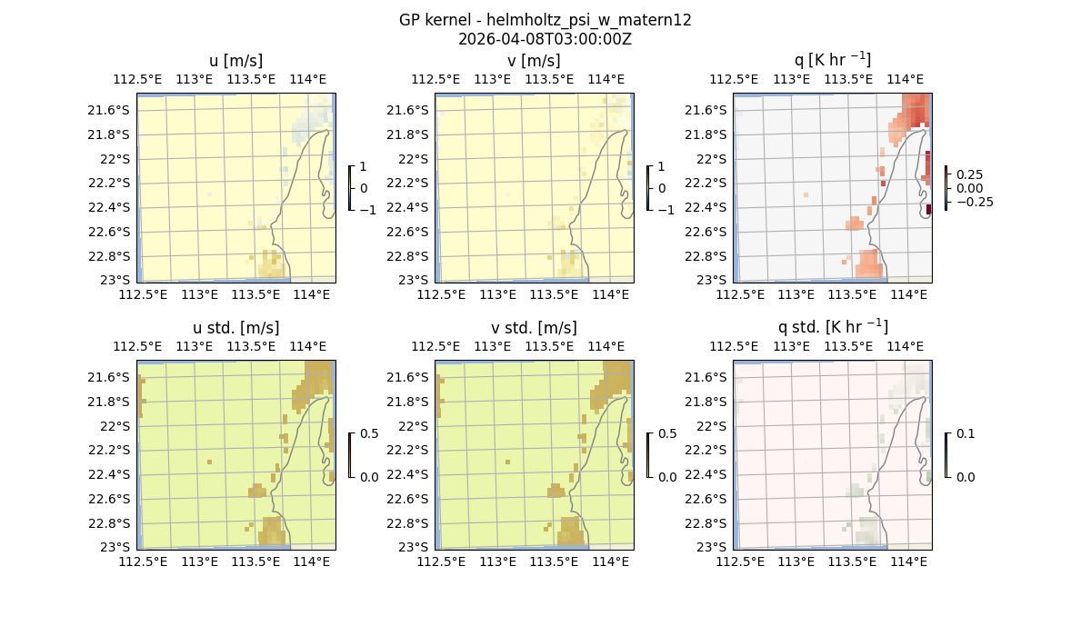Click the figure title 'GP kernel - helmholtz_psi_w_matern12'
(x=545, y=20)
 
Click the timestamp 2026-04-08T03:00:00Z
(x=545, y=39)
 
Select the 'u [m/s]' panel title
(x=235, y=61)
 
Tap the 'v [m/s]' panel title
(x=534, y=61)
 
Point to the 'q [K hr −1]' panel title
(x=832, y=60)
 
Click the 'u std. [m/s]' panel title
(x=235, y=328)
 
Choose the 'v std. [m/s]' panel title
(x=534, y=328)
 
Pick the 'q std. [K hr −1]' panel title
(x=832, y=327)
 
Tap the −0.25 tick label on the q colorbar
(x=973, y=202)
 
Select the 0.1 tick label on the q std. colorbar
(x=965, y=433)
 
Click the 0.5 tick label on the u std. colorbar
(x=368, y=433)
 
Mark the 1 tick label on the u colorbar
(x=364, y=166)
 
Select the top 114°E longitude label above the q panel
(x=905, y=79)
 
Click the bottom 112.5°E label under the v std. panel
(x=442, y=561)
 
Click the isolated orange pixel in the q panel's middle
(x=806, y=194)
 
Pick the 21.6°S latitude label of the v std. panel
(x=407, y=377)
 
